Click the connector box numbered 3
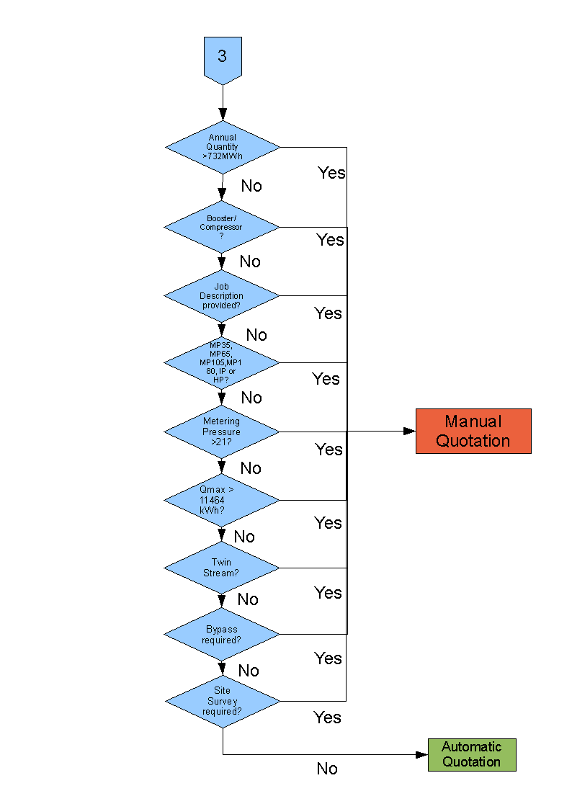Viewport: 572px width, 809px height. click(x=223, y=57)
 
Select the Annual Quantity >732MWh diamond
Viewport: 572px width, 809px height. click(x=223, y=147)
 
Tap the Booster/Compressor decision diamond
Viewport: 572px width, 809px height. click(x=222, y=227)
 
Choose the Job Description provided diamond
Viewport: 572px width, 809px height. click(x=222, y=295)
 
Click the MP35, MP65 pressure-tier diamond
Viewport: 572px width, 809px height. click(x=222, y=362)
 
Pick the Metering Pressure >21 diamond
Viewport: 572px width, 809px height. click(x=222, y=432)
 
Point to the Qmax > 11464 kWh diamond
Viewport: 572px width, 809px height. click(x=222, y=500)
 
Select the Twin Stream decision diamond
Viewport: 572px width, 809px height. click(x=222, y=568)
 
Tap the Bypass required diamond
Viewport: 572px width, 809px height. click(x=222, y=635)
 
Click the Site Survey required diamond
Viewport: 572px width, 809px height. click(x=223, y=701)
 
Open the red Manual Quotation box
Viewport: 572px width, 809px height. click(x=473, y=431)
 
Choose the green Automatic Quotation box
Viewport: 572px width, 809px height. click(x=472, y=755)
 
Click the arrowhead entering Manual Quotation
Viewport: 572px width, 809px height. click(x=409, y=431)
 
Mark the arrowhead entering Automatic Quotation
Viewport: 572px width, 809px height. click(x=422, y=755)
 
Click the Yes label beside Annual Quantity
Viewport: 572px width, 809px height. click(x=331, y=173)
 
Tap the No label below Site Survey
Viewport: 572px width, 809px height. click(x=327, y=769)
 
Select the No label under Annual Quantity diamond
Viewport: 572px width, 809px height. click(x=251, y=186)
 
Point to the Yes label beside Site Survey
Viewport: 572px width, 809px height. click(x=327, y=718)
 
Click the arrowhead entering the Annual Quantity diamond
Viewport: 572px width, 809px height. click(x=223, y=114)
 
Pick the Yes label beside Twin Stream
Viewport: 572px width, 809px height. click(x=328, y=592)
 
